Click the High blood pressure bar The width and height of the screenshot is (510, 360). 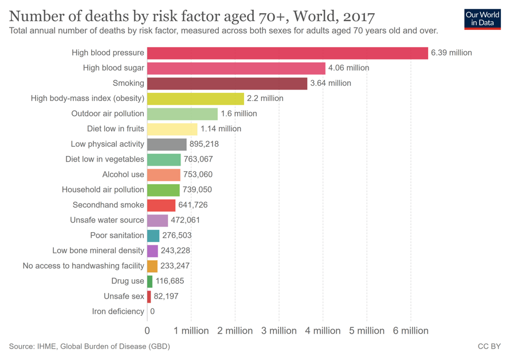pyautogui.click(x=287, y=53)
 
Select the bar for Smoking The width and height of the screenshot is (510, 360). pyautogui.click(x=227, y=83)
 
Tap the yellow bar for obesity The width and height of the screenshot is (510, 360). pyautogui.click(x=195, y=99)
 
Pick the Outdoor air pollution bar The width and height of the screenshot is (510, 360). pyautogui.click(x=182, y=114)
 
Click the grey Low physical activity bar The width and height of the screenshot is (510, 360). pyautogui.click(x=167, y=144)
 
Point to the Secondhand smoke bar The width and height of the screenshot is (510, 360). pyautogui.click(x=161, y=205)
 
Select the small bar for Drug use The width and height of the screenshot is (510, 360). pyautogui.click(x=150, y=281)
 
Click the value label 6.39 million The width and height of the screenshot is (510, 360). pyautogui.click(x=452, y=53)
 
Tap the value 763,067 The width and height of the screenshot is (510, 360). pyautogui.click(x=198, y=159)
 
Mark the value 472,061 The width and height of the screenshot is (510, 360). pyautogui.click(x=185, y=220)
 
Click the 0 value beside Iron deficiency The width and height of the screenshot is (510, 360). pyautogui.click(x=152, y=311)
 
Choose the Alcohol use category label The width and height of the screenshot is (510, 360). pyautogui.click(x=123, y=174)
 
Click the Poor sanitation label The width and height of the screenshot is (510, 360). pyautogui.click(x=117, y=235)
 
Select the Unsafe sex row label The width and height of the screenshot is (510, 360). pyautogui.click(x=124, y=296)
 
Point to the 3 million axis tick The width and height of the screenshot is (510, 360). pyautogui.click(x=279, y=331)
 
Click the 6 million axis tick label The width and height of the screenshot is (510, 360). pyautogui.click(x=410, y=331)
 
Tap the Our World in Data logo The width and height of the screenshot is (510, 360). pyautogui.click(x=482, y=19)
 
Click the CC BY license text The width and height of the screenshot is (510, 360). pyautogui.click(x=489, y=346)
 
